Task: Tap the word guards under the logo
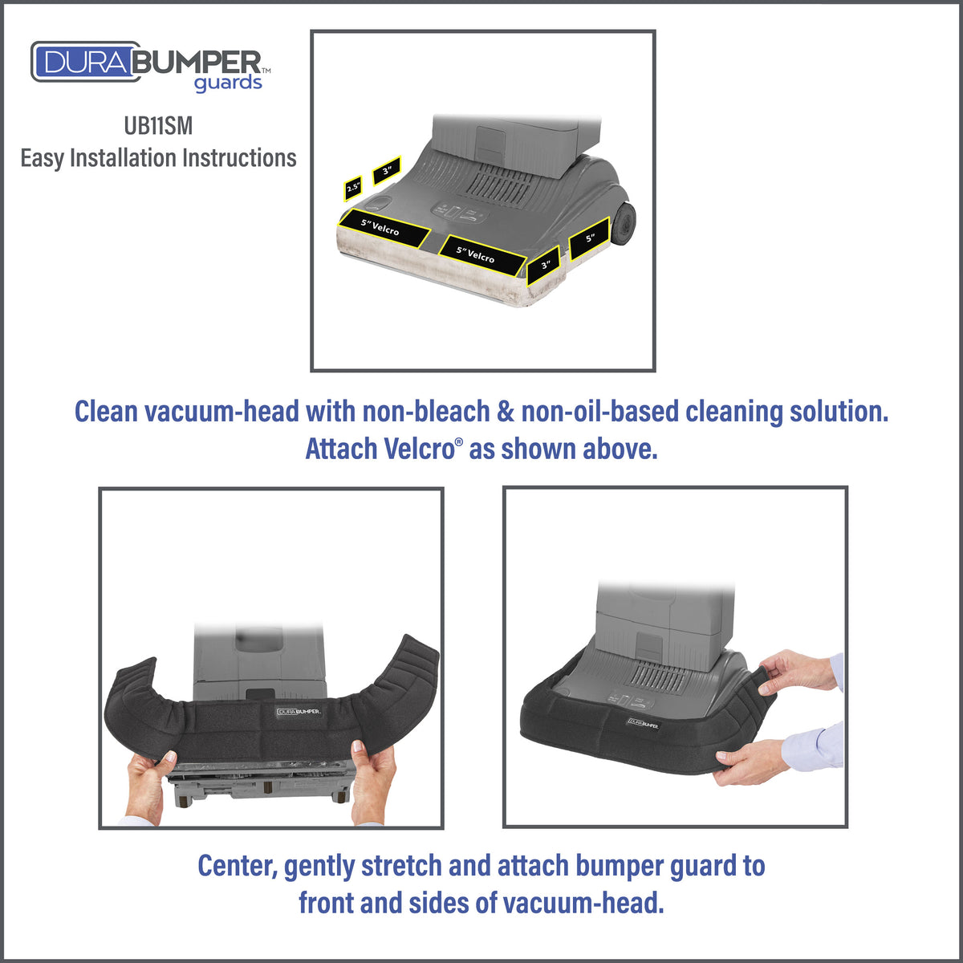coord(228,84)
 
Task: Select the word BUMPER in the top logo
coord(198,63)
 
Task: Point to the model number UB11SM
coord(158,125)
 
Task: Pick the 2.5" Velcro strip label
coord(353,188)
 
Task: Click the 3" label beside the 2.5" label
coord(386,170)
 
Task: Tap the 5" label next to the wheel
coord(590,238)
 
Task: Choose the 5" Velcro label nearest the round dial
coord(384,229)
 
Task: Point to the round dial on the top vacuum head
coord(378,202)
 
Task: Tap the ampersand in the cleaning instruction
coord(506,412)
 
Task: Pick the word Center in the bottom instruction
coord(238,866)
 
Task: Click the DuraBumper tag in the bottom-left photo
coord(299,711)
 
